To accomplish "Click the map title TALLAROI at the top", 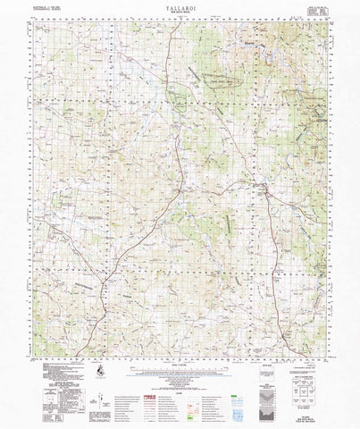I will coord(180,16).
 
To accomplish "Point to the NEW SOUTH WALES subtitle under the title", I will coord(180,22).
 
